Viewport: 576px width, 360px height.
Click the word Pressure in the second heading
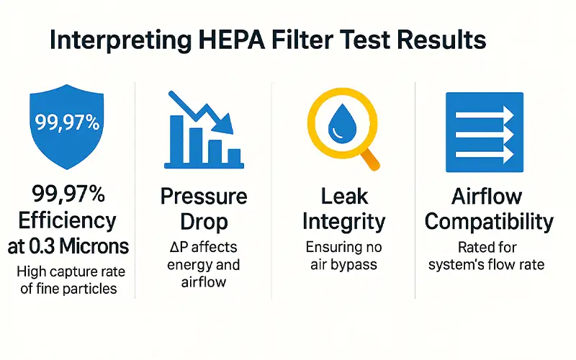click(204, 196)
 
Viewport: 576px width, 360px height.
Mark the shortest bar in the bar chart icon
click(233, 156)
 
